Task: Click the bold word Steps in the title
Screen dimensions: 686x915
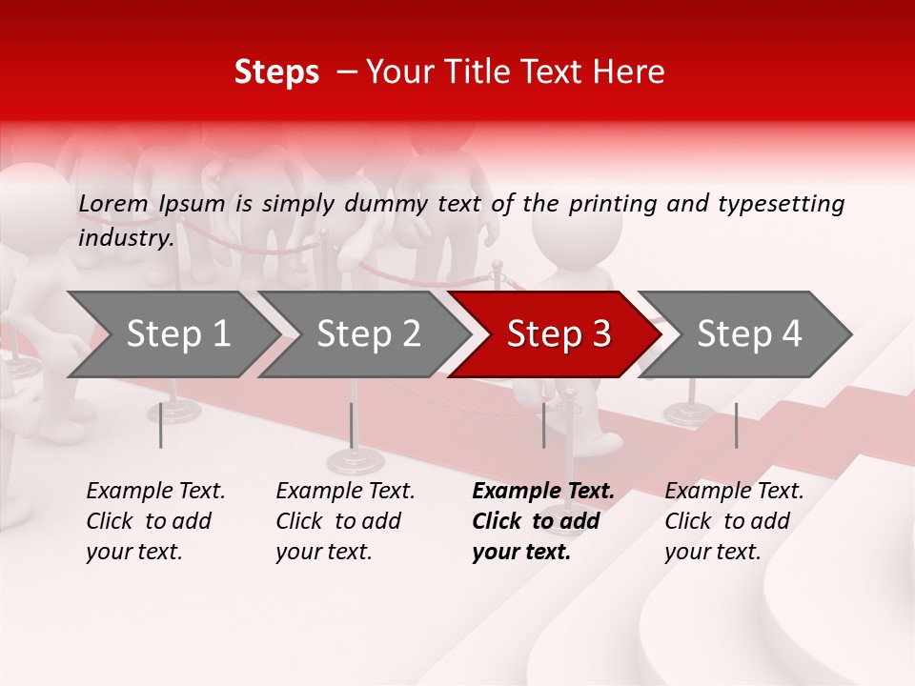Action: click(276, 72)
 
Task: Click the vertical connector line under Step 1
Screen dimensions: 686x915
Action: click(161, 425)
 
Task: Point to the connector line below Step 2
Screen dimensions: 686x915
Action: click(351, 425)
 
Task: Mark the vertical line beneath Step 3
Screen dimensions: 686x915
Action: click(543, 425)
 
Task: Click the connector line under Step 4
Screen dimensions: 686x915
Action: click(736, 425)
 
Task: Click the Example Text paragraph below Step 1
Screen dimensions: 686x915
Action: click(155, 521)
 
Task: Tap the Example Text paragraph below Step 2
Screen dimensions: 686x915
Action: click(345, 521)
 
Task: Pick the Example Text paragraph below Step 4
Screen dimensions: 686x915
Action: click(734, 521)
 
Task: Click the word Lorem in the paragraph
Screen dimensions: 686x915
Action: click(113, 203)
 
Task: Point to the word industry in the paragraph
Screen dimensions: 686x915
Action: click(125, 237)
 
